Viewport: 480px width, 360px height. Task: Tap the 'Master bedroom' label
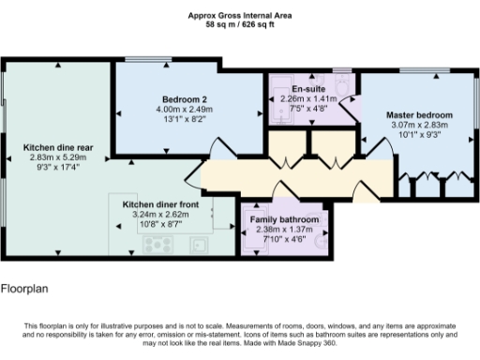coord(419,114)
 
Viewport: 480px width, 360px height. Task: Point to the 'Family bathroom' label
coord(284,219)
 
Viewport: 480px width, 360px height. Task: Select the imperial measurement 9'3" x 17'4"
coord(57,167)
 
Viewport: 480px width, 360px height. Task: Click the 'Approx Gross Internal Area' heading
coord(239,14)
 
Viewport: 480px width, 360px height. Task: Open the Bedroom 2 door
coord(216,149)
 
